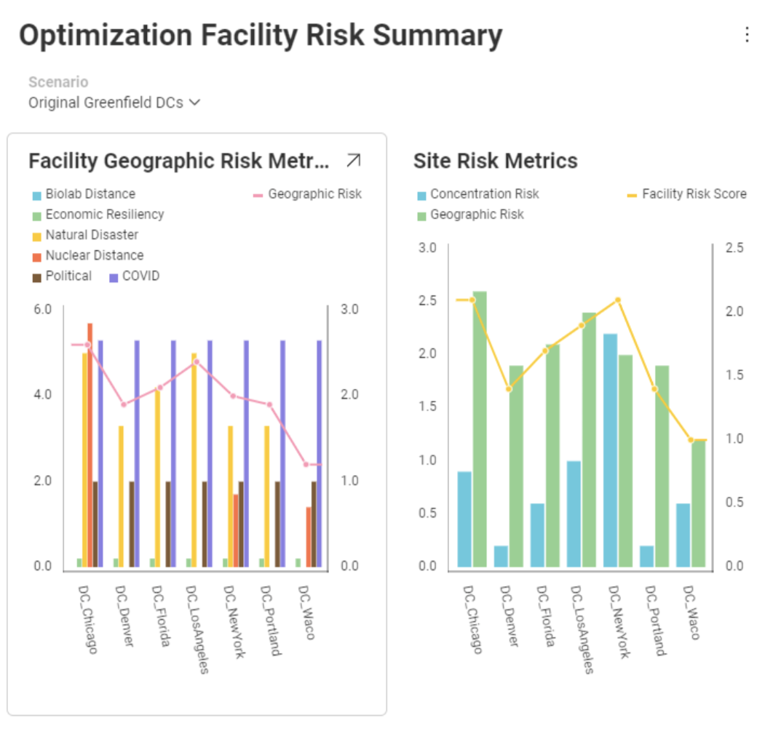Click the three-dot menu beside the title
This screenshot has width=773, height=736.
tap(747, 35)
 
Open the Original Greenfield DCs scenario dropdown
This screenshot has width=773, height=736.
tap(114, 103)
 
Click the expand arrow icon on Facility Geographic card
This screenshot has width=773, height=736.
tap(354, 161)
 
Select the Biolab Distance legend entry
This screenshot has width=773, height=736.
tap(90, 194)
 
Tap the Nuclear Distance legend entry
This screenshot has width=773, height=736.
tap(94, 255)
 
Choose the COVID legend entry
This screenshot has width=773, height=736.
tap(143, 276)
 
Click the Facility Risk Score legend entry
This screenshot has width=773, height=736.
tap(694, 194)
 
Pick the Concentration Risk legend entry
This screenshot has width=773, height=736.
tap(484, 194)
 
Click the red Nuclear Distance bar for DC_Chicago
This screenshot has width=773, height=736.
tap(90, 444)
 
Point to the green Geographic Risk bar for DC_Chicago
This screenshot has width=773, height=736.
tap(480, 429)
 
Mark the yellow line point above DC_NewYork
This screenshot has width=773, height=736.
tap(618, 300)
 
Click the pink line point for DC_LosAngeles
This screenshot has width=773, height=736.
tap(196, 361)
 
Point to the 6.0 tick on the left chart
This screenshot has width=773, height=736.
tap(43, 309)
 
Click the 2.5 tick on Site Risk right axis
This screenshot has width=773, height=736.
tap(735, 248)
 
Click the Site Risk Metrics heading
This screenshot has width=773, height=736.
tap(495, 161)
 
